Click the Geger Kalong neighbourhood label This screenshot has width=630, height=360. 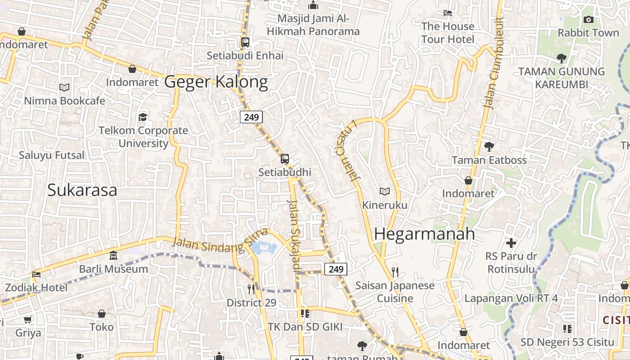216,82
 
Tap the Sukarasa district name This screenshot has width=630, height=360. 82,190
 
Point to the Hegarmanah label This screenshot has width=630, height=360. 424,234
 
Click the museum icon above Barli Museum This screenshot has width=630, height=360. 113,256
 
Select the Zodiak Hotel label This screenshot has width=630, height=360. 36,288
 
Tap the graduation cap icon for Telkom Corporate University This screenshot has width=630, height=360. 143,117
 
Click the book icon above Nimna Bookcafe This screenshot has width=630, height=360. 64,87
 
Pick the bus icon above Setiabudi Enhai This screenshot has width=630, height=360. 245,42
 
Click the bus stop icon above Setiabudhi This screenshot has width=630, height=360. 284,159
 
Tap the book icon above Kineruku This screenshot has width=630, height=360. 384,192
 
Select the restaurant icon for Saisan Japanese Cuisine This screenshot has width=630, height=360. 395,272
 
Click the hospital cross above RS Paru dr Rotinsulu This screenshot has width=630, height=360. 511,243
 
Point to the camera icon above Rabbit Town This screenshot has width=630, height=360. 588,19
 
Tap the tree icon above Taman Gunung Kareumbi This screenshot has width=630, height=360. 561,58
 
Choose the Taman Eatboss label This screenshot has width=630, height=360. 489,160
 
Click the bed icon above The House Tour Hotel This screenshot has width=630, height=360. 448,13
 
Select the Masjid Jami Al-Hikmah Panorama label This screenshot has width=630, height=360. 313,25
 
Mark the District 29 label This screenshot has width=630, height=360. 251,303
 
